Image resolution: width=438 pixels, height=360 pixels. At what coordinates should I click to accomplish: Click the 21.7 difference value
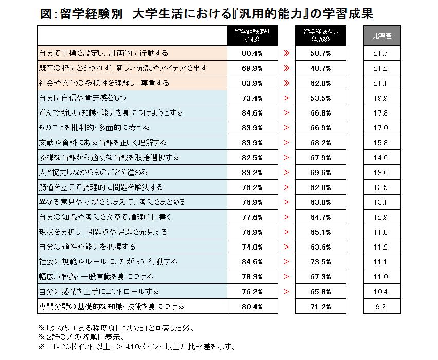(x=381, y=53)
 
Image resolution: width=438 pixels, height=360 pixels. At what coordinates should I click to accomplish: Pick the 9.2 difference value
(x=381, y=307)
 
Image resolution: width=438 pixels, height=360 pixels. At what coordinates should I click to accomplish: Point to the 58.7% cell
(x=320, y=53)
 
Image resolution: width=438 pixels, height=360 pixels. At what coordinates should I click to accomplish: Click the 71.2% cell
(x=320, y=307)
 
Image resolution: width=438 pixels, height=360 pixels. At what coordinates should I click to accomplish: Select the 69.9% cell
(x=252, y=68)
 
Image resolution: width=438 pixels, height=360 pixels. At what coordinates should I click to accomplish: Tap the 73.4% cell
(x=252, y=98)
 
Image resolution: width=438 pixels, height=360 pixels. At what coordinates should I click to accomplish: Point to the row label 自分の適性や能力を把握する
(x=87, y=247)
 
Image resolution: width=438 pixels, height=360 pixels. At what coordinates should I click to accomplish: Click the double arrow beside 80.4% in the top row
(x=286, y=53)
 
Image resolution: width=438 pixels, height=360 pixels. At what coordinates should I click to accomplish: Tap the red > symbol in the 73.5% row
(x=286, y=261)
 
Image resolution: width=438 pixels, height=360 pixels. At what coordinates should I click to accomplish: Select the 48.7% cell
(x=320, y=68)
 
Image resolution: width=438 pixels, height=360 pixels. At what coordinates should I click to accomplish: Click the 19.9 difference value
(x=381, y=98)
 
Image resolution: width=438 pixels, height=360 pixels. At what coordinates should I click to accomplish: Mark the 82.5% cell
(x=252, y=157)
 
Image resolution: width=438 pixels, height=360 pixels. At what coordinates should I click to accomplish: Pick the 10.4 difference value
(x=381, y=291)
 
